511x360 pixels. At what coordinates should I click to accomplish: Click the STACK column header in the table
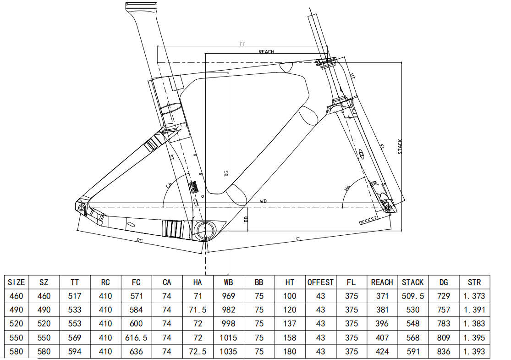click(x=412, y=282)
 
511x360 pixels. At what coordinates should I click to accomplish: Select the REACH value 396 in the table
click(x=382, y=323)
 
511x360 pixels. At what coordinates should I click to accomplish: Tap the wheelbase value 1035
click(x=228, y=352)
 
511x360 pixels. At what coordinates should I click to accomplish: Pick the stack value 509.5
click(x=412, y=296)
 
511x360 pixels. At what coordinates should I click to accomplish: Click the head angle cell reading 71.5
click(x=198, y=310)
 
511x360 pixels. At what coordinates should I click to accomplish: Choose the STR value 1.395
click(x=474, y=338)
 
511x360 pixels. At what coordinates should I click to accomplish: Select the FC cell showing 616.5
click(x=136, y=338)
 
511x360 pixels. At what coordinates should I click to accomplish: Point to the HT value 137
click(x=289, y=323)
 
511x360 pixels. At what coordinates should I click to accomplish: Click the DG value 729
click(x=444, y=296)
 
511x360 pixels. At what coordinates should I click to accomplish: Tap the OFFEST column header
click(x=320, y=282)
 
